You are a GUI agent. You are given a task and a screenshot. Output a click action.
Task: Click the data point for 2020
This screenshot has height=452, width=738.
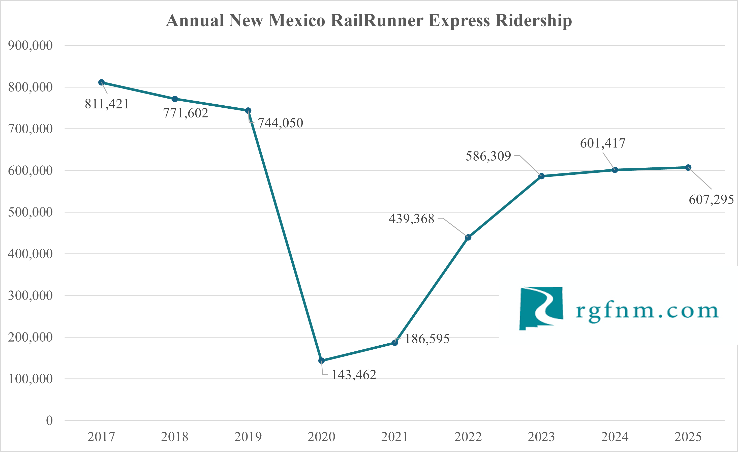(321, 361)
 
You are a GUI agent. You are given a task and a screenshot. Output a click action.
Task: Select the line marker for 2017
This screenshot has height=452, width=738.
(102, 82)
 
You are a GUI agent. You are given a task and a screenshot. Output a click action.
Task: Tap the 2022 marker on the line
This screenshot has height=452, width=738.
(468, 237)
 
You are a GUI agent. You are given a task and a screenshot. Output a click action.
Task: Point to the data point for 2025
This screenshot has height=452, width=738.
(688, 167)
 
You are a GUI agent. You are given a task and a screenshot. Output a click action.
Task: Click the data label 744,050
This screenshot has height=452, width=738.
(280, 123)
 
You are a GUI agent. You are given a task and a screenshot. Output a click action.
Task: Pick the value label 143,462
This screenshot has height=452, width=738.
(354, 375)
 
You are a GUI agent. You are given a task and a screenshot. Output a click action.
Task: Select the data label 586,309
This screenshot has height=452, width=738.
(488, 156)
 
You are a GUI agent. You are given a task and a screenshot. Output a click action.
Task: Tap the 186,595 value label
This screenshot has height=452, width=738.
(427, 339)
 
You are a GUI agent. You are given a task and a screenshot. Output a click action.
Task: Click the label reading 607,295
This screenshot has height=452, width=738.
(711, 199)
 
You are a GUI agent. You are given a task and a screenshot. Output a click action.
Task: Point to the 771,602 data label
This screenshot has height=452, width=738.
(186, 113)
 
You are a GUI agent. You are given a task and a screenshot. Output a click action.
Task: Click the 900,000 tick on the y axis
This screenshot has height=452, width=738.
(30, 46)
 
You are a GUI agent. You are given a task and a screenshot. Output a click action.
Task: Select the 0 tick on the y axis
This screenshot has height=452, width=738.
(49, 420)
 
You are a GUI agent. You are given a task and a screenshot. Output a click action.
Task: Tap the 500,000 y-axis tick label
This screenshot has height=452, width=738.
(30, 212)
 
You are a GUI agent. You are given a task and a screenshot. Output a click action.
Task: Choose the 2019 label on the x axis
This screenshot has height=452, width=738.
(248, 437)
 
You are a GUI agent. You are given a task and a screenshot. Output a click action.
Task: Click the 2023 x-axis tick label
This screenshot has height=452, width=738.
(541, 437)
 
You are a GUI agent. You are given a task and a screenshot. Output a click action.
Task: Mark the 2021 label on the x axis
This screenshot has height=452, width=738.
(394, 437)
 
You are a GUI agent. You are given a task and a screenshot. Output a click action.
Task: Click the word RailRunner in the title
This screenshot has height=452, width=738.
(377, 20)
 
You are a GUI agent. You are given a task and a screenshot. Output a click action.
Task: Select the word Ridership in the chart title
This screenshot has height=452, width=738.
(533, 20)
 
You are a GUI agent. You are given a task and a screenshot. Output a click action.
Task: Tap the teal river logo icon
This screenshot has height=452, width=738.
(541, 309)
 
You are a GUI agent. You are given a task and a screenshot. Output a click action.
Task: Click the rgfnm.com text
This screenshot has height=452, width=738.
(647, 312)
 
